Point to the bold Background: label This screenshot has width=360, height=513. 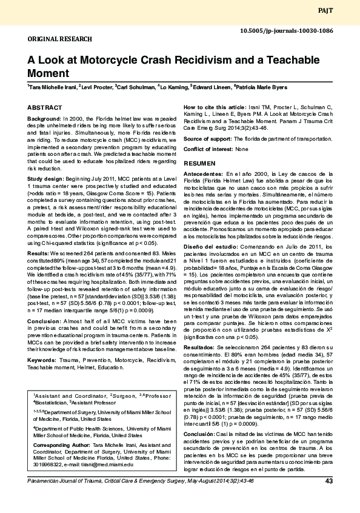point(45,118)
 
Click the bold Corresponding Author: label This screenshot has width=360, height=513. point(61,444)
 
